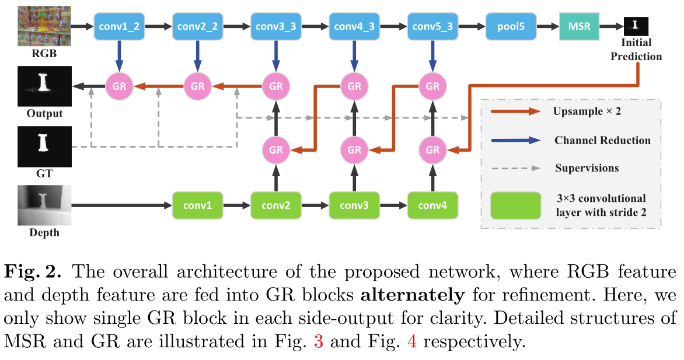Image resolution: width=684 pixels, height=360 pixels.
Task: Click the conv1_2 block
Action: click(x=119, y=27)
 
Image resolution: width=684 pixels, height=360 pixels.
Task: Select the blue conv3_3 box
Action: click(x=275, y=27)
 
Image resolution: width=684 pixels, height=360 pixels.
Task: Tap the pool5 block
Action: click(x=511, y=27)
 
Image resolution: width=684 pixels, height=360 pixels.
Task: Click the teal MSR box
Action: click(x=579, y=27)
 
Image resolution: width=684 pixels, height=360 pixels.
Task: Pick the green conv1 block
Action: click(x=197, y=205)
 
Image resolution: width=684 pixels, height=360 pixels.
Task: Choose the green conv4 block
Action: click(x=432, y=205)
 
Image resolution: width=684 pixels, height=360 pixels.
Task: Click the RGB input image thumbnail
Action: click(x=44, y=26)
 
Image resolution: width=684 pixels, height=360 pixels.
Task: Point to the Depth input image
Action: click(x=44, y=205)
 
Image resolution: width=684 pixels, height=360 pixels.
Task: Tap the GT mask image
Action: click(x=44, y=146)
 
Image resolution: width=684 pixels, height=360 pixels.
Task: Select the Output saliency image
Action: click(x=44, y=86)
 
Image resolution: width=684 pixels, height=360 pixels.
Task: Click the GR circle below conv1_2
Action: click(x=119, y=86)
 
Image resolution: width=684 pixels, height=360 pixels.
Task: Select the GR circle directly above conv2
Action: click(x=275, y=149)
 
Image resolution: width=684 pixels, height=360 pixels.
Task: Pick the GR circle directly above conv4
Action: click(x=432, y=149)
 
